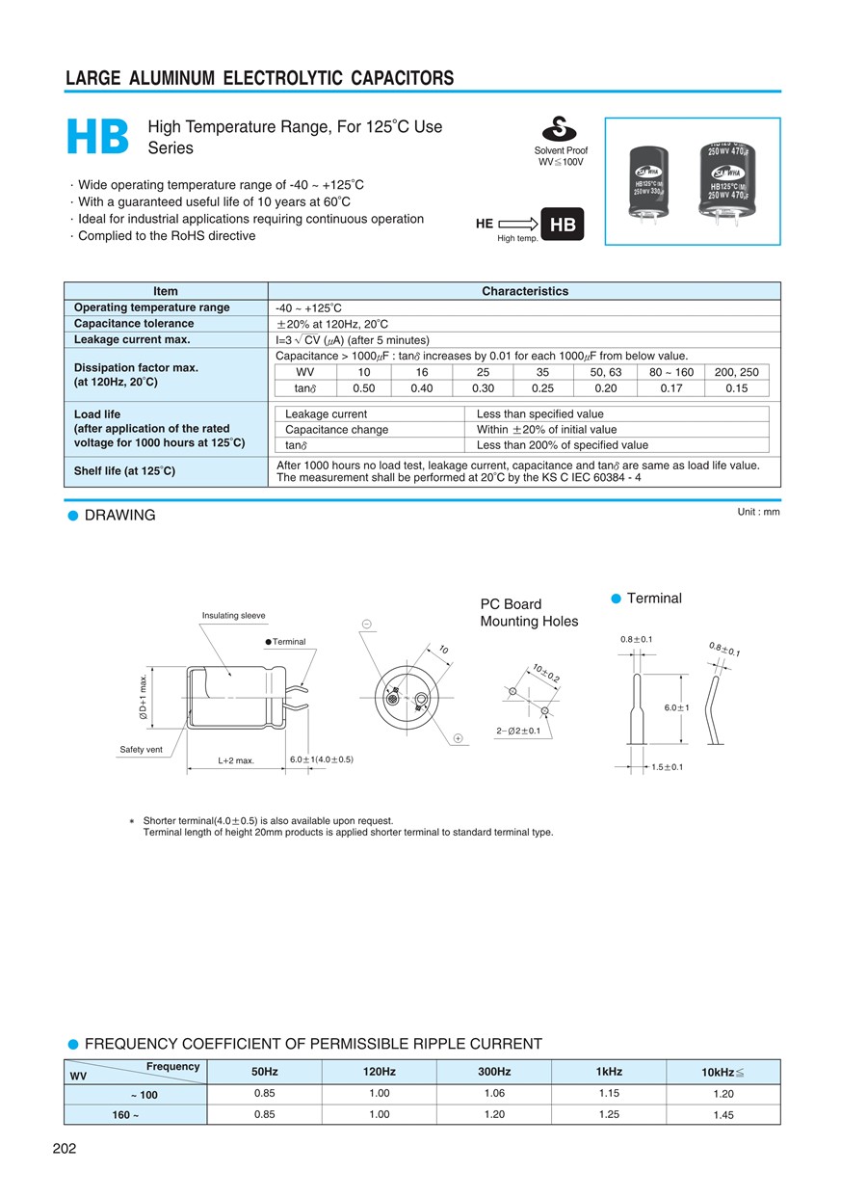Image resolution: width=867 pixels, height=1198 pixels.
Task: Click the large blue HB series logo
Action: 98,138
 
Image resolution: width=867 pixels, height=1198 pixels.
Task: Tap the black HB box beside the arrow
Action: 562,225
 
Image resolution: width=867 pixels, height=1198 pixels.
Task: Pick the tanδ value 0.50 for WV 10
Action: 364,388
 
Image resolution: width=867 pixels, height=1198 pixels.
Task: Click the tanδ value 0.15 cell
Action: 736,388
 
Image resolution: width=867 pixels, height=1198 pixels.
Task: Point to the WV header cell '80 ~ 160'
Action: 670,372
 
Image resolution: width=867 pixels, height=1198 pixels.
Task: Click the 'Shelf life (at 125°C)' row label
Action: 125,471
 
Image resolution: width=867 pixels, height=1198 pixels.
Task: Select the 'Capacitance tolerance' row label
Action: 134,324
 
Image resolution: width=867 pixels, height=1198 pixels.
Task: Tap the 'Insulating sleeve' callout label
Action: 233,616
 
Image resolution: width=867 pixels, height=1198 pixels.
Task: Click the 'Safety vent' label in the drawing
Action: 141,750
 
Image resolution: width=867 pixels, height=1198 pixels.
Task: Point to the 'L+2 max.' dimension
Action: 236,760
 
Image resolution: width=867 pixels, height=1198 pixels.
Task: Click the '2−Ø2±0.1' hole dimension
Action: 518,731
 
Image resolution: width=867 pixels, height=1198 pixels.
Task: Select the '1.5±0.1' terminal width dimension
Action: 666,767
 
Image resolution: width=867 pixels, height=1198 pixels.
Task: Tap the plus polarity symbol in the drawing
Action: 458,738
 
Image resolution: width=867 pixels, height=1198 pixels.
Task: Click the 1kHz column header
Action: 609,1072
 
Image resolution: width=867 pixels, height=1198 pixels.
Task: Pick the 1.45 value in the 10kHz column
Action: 723,1115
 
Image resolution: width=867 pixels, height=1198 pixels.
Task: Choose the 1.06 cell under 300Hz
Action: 494,1094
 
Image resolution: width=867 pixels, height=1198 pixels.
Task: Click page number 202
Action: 64,1148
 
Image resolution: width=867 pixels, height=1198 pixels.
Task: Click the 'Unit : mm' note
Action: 758,512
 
